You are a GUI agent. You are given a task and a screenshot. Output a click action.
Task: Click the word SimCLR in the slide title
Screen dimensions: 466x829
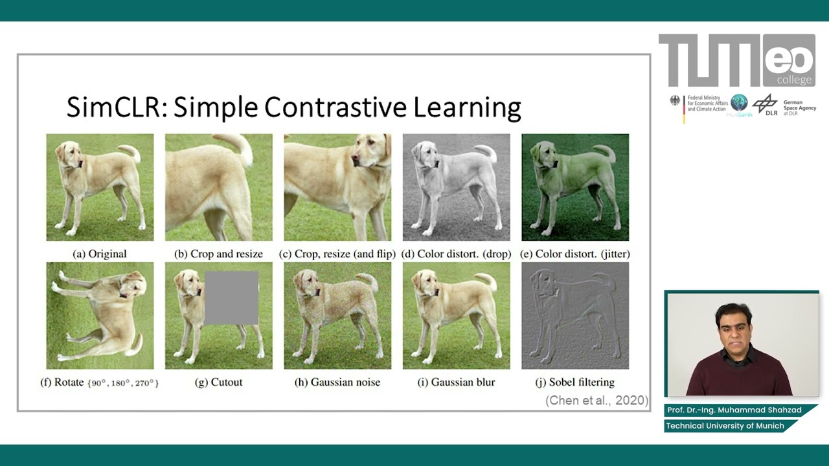pos(117,107)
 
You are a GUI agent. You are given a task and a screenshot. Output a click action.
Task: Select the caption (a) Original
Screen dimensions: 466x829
pos(100,254)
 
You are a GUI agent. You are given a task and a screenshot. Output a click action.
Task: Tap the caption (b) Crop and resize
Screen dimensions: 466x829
pos(218,254)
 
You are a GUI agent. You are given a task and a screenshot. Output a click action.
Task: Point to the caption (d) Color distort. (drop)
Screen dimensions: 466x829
pos(456,254)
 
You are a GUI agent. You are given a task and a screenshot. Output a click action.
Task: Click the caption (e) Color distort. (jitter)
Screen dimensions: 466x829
pos(575,254)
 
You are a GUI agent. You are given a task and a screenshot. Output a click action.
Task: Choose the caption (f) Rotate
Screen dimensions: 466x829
pos(99,383)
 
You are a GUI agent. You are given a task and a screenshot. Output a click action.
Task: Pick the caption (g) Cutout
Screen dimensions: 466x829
pos(218,383)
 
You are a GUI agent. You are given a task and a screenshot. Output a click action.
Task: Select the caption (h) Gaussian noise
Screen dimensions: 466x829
pos(337,383)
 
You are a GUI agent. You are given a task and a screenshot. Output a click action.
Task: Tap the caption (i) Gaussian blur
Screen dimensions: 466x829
pos(456,383)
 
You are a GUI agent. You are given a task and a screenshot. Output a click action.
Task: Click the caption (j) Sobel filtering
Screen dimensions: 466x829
pos(574,383)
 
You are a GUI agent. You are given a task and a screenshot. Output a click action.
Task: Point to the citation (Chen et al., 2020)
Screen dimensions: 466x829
pos(596,401)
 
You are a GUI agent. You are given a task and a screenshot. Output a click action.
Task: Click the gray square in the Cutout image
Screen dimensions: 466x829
pos(231,298)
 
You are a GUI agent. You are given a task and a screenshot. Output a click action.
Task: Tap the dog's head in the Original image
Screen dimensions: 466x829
pos(69,155)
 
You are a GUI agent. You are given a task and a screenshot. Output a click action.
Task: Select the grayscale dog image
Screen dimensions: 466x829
pos(456,187)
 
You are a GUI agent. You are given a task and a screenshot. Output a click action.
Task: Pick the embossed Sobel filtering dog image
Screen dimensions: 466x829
pos(574,316)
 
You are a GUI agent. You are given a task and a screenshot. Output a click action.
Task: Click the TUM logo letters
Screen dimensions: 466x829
pos(709,61)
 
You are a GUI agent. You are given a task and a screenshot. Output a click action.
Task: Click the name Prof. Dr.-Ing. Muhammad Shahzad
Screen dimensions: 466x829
pos(734,410)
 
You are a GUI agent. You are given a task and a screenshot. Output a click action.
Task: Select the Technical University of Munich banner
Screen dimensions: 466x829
pos(725,426)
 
